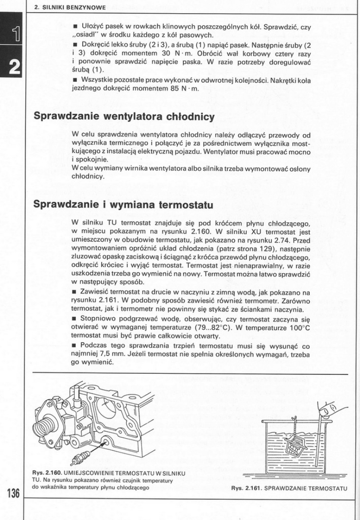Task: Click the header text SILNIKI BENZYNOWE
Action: point(72,7)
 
